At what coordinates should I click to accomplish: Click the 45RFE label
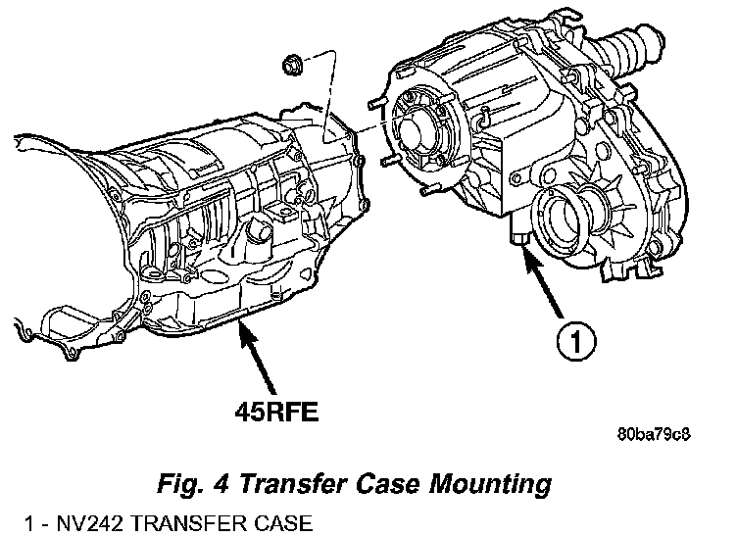click(276, 413)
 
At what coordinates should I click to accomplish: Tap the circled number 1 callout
click(576, 341)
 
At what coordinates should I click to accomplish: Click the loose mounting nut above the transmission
click(292, 65)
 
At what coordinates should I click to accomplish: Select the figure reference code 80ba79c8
click(654, 434)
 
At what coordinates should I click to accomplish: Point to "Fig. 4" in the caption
click(193, 484)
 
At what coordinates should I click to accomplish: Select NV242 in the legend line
click(88, 523)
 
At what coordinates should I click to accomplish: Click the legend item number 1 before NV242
click(29, 523)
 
